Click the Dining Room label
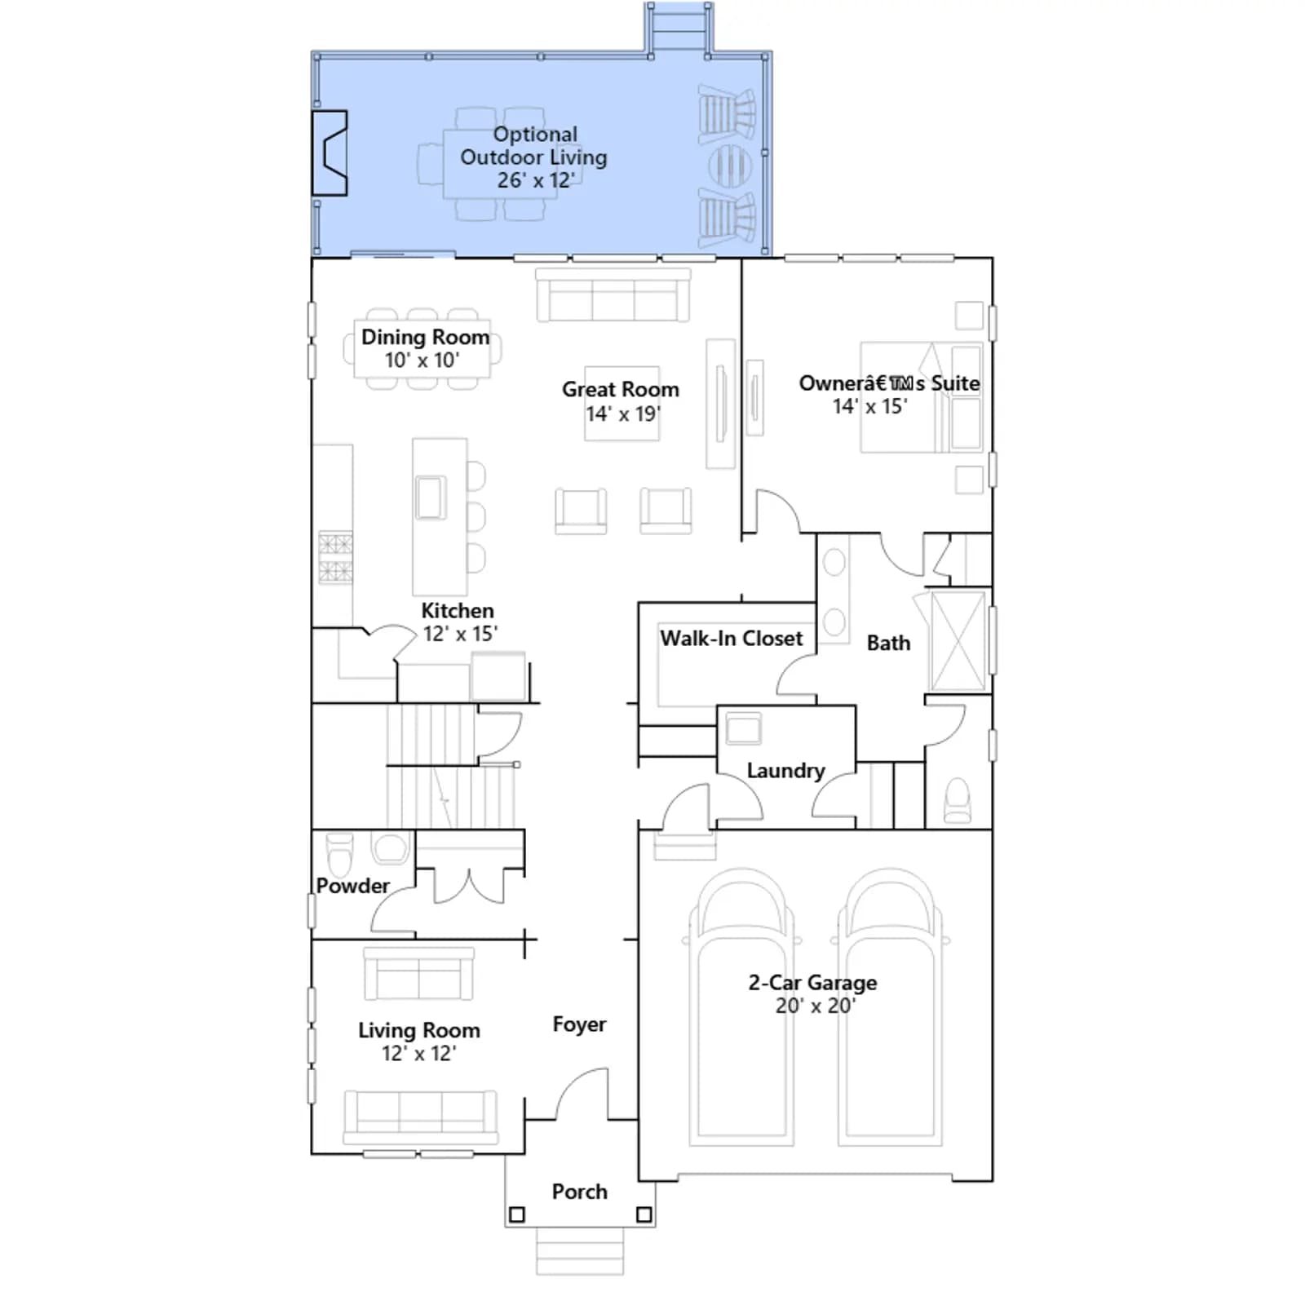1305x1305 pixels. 425,337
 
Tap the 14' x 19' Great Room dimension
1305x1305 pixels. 622,414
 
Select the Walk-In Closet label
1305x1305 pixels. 732,638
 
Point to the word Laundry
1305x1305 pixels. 785,771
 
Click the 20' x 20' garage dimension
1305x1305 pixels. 814,1006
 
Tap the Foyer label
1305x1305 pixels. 579,1024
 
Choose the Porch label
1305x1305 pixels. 579,1192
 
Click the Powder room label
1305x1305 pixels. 352,886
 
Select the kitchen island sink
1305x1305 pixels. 431,497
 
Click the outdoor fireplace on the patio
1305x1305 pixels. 330,153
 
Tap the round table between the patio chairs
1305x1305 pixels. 730,166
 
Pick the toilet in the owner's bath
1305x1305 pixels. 958,799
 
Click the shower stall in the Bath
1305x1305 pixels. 958,642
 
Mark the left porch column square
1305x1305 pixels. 516,1214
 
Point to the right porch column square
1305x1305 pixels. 644,1214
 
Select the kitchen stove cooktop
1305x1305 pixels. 335,557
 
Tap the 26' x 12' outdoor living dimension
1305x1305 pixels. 536,180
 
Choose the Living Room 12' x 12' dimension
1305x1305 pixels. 418,1054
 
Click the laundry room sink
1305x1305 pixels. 743,728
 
